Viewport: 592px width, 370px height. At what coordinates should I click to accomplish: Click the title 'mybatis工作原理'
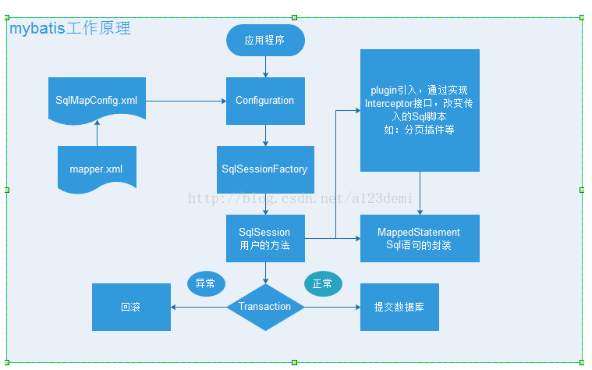click(70, 29)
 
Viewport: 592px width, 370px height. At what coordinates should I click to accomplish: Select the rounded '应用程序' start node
click(265, 40)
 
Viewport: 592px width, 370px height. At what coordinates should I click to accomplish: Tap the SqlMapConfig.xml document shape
click(97, 101)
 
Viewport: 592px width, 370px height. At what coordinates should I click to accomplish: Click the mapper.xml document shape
click(97, 169)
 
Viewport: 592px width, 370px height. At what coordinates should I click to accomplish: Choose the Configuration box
click(265, 101)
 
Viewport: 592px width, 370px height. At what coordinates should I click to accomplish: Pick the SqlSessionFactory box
click(265, 169)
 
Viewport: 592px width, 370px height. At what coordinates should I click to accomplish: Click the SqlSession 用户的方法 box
click(265, 238)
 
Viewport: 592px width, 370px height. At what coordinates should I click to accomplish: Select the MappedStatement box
click(420, 238)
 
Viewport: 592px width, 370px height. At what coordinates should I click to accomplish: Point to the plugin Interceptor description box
click(420, 110)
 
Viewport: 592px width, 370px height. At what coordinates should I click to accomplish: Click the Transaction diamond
click(265, 307)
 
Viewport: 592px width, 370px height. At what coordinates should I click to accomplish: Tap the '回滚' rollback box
click(131, 307)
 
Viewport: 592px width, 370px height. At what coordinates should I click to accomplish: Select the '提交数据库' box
click(399, 307)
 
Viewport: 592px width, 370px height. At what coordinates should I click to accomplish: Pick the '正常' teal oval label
click(323, 284)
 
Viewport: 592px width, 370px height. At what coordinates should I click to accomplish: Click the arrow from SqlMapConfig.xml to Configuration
click(186, 101)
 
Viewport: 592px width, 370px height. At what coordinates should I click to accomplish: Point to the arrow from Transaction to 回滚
click(199, 307)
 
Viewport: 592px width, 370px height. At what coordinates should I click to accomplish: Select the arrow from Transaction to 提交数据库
click(331, 307)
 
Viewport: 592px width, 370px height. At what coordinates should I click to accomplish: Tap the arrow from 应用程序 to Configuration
click(265, 66)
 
